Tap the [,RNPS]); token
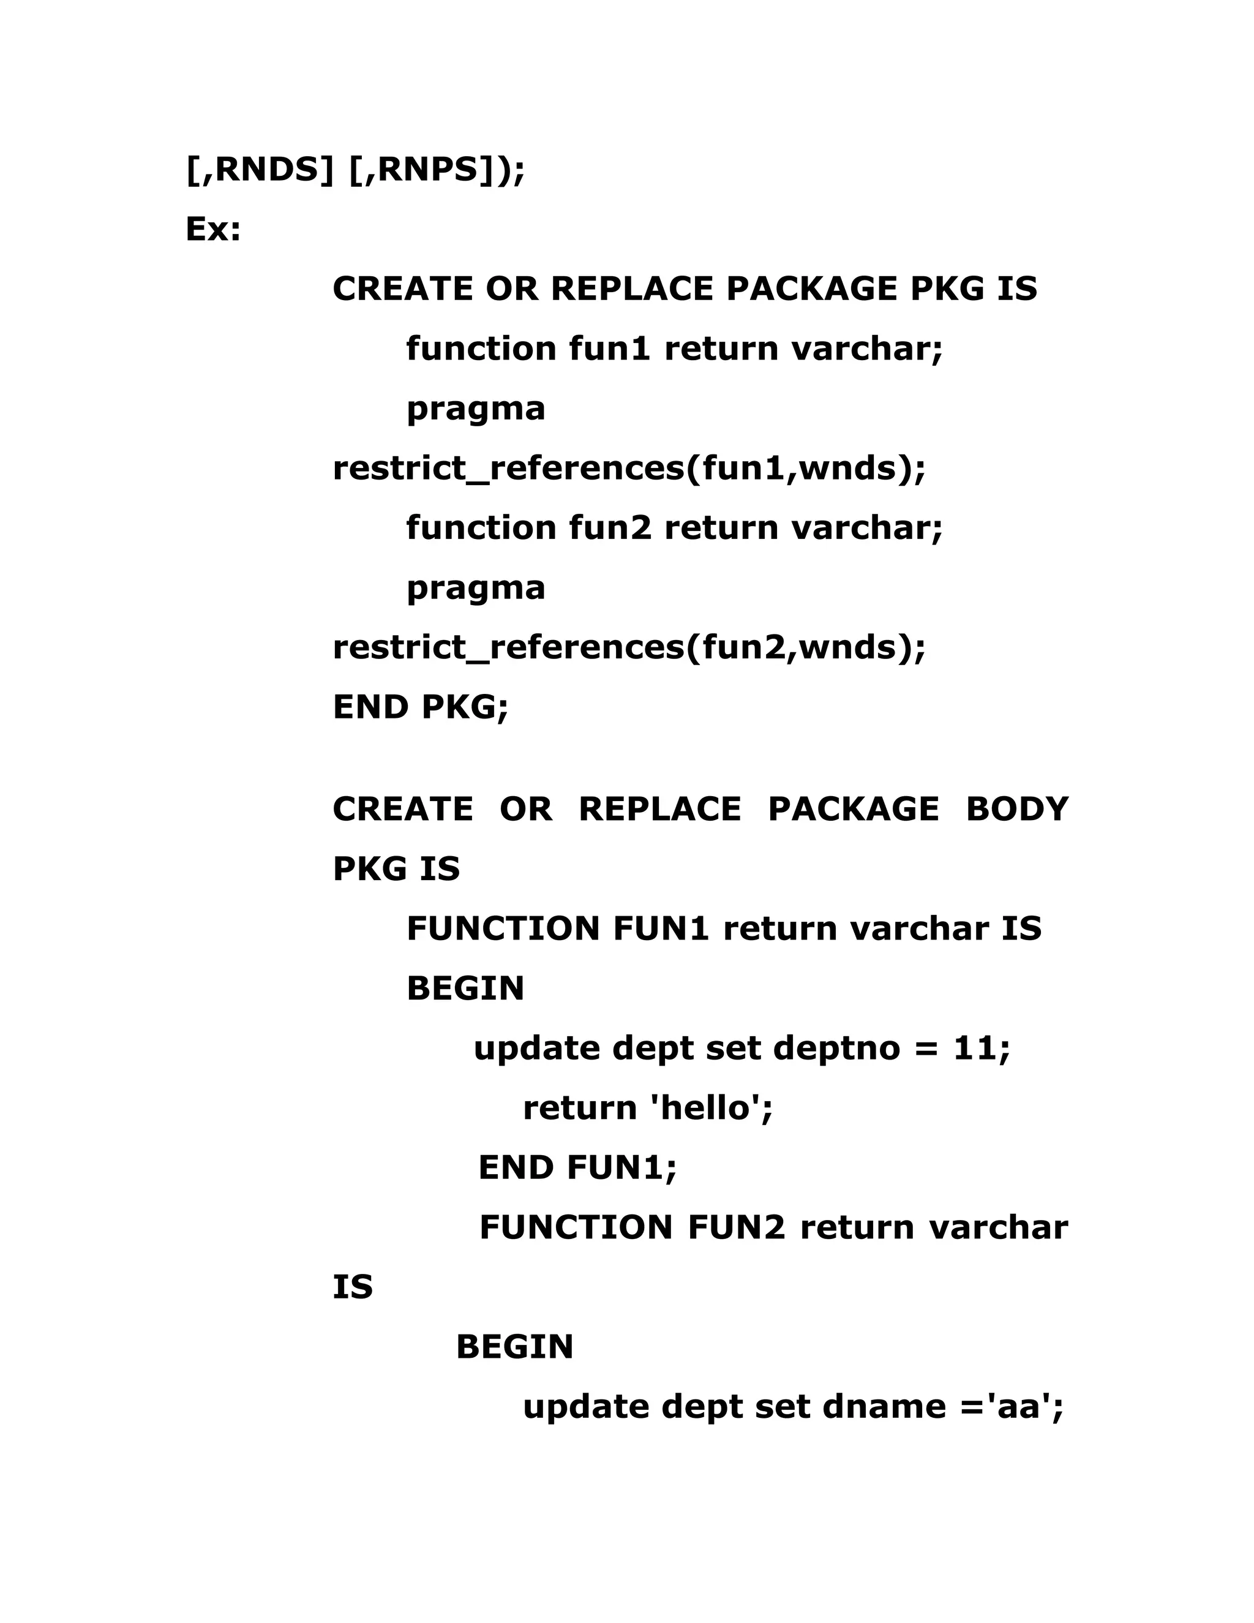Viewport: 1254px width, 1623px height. coord(436,170)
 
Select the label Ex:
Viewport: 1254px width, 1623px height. coord(213,230)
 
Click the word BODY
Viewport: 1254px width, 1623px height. coord(1016,809)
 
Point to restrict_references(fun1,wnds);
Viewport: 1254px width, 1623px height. coord(629,468)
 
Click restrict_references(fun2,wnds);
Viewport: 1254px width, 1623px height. coord(629,647)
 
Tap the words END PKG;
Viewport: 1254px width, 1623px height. coord(421,707)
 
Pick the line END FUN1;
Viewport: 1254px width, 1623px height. coord(577,1167)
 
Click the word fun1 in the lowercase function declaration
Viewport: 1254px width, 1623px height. coord(609,348)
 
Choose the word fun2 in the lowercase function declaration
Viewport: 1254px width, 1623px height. coord(609,527)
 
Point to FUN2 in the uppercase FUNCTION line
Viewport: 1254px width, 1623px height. coord(735,1227)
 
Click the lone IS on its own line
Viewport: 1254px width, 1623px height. coord(352,1287)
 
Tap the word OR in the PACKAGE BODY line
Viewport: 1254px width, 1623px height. coord(525,809)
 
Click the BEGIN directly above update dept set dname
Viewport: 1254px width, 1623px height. coord(514,1347)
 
